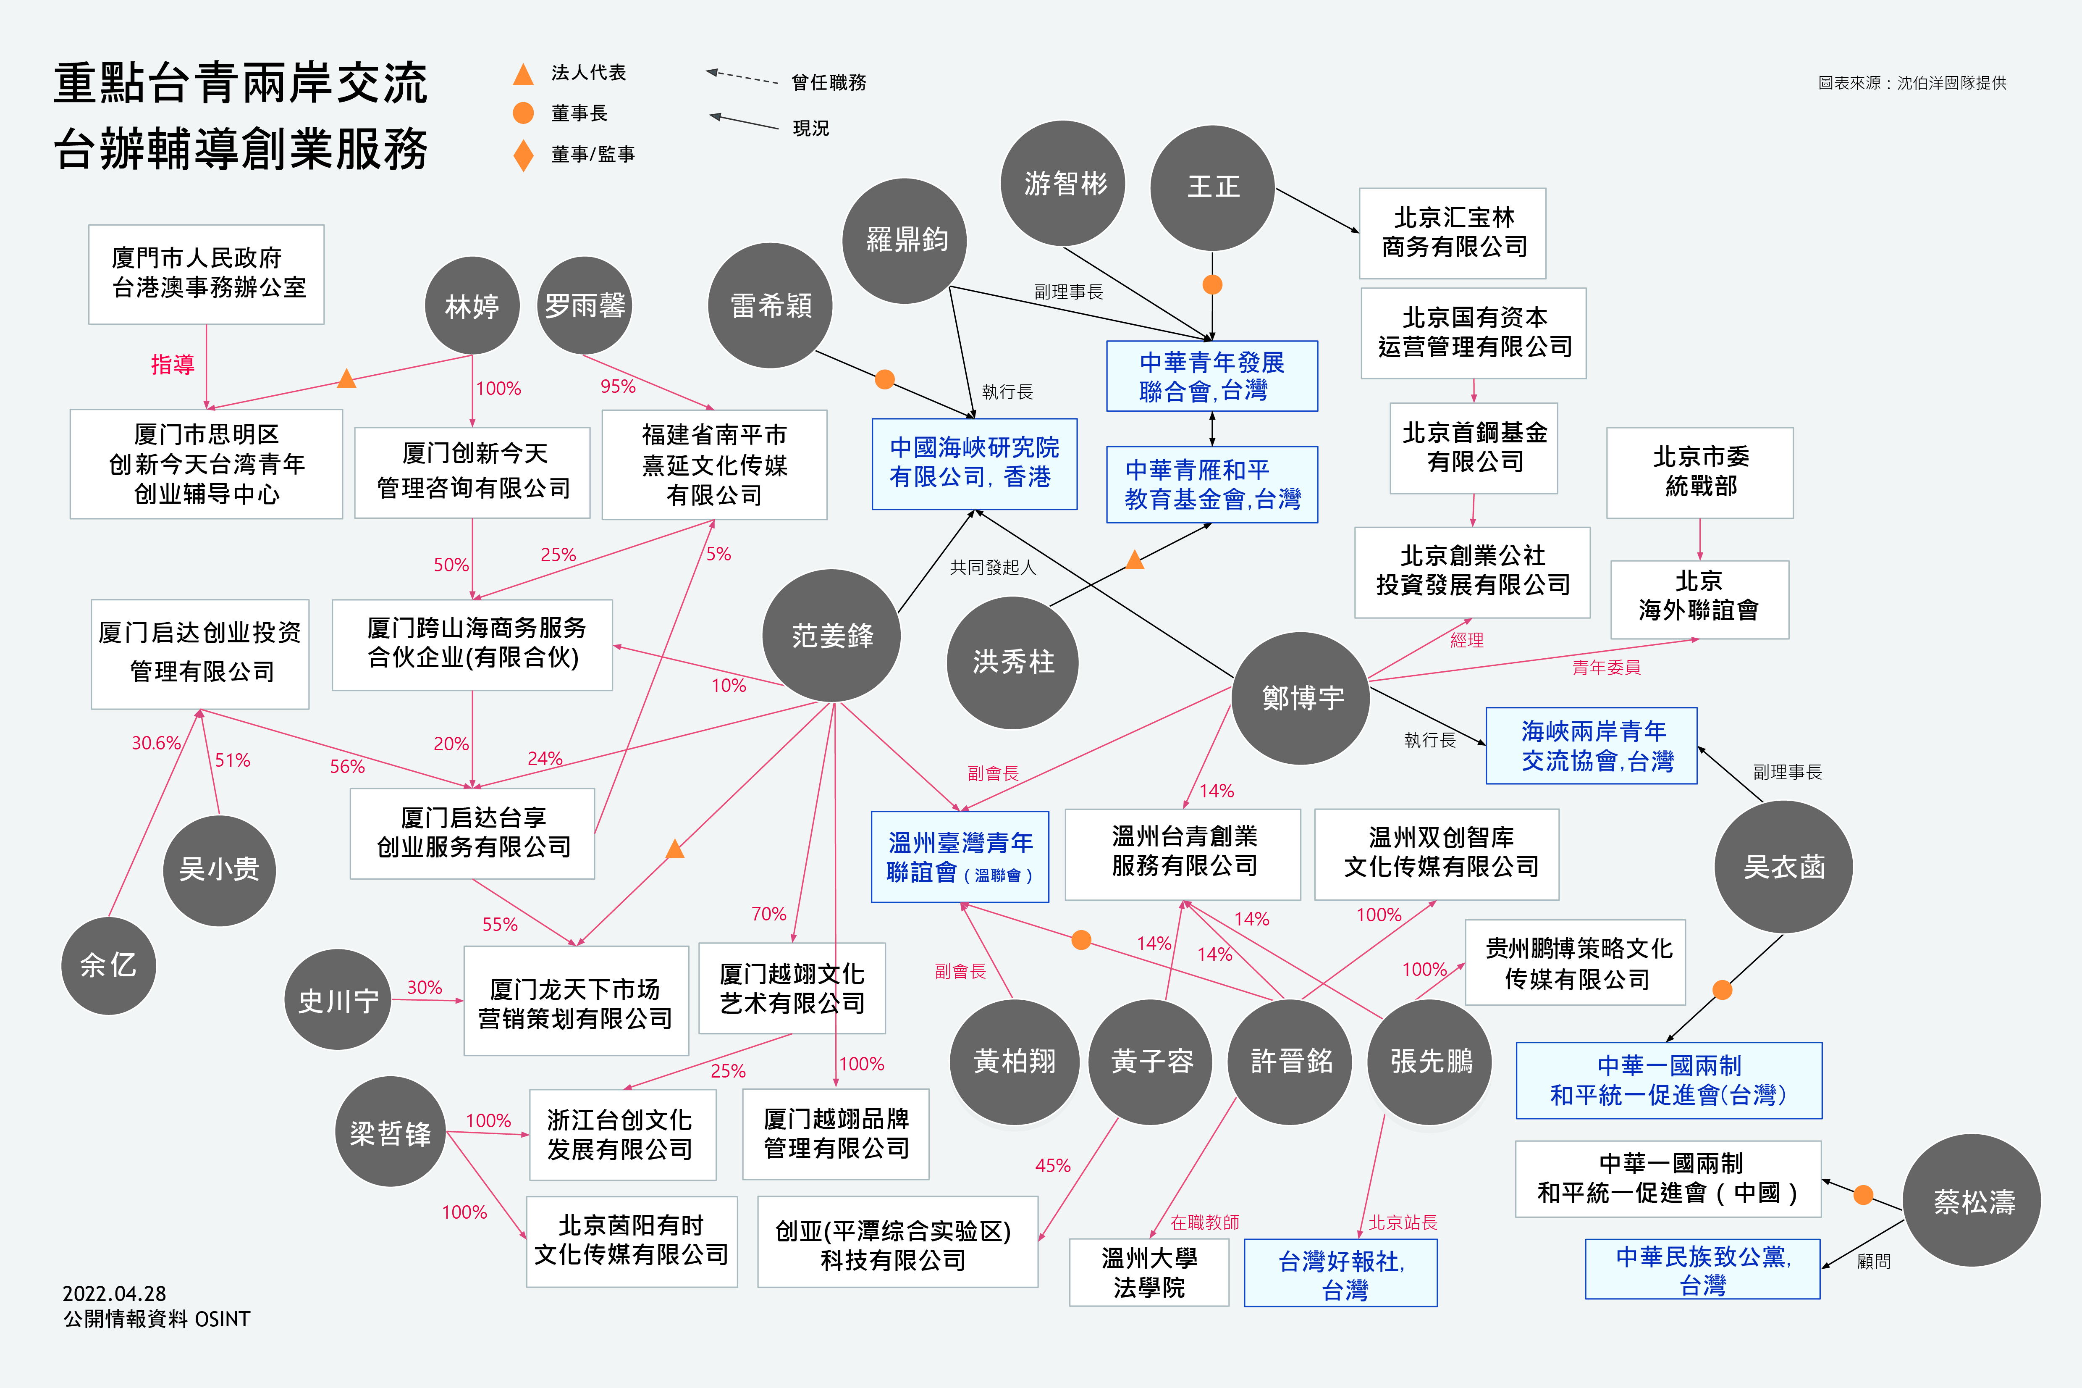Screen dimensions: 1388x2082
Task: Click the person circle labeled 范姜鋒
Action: pyautogui.click(x=832, y=636)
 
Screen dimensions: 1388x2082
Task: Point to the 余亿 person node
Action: pyautogui.click(x=108, y=965)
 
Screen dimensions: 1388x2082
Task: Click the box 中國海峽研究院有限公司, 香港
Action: pyautogui.click(x=974, y=463)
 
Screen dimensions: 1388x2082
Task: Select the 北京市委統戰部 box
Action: pyautogui.click(x=1700, y=472)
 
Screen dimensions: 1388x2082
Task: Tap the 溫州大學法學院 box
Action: pyautogui.click(x=1149, y=1273)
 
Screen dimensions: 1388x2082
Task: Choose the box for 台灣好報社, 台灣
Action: pyautogui.click(x=1340, y=1273)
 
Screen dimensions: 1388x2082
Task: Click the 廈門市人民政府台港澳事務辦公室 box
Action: pyautogui.click(x=206, y=273)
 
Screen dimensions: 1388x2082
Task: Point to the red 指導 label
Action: pyautogui.click(x=173, y=364)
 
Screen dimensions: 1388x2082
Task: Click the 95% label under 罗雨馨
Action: pyautogui.click(x=618, y=386)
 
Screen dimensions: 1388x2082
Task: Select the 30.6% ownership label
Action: pyautogui.click(x=156, y=743)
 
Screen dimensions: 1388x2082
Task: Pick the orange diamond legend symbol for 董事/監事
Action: pyautogui.click(x=523, y=155)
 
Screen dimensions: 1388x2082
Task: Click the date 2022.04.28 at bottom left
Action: pyautogui.click(x=114, y=1293)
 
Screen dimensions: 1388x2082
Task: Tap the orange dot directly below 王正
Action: pyautogui.click(x=1212, y=284)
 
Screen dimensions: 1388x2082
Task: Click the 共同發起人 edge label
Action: pyautogui.click(x=992, y=568)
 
